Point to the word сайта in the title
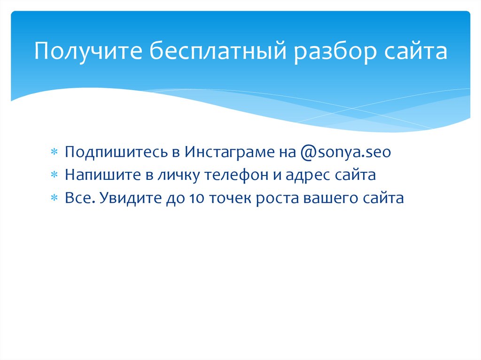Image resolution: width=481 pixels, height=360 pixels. point(416,52)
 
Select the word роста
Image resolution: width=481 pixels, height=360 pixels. point(279,199)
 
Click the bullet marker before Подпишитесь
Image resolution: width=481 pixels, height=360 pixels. point(54,153)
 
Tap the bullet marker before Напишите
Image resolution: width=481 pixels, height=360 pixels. point(54,176)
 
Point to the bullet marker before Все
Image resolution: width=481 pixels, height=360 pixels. point(54,199)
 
